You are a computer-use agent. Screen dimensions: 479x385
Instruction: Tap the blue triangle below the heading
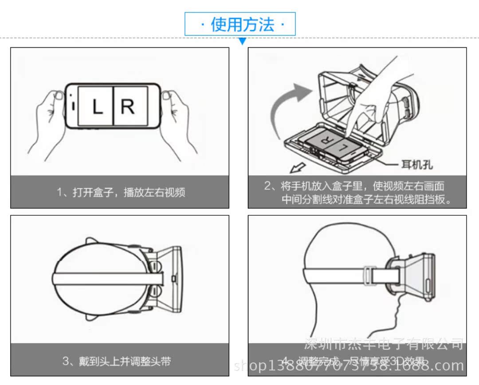click(x=242, y=41)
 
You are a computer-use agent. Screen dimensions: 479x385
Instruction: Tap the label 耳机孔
click(x=417, y=165)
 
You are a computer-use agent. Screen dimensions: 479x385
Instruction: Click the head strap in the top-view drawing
click(x=111, y=278)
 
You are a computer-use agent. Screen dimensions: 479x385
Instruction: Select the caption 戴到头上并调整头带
click(x=116, y=361)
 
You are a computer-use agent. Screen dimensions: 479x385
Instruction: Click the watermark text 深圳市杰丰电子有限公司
click(x=384, y=344)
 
